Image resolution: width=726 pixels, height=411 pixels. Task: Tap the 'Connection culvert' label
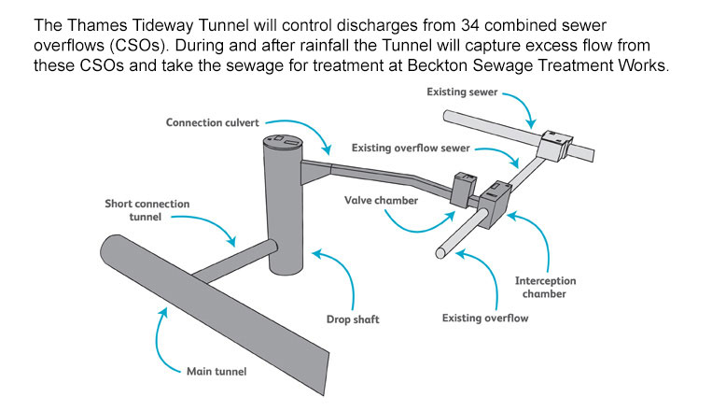(x=212, y=122)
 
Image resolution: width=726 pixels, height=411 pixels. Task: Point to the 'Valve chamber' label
(x=381, y=200)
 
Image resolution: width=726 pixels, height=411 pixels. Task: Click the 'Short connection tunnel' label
(x=147, y=211)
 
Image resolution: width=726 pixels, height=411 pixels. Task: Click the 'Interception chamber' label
(x=546, y=287)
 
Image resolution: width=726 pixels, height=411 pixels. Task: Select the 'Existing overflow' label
(x=486, y=319)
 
